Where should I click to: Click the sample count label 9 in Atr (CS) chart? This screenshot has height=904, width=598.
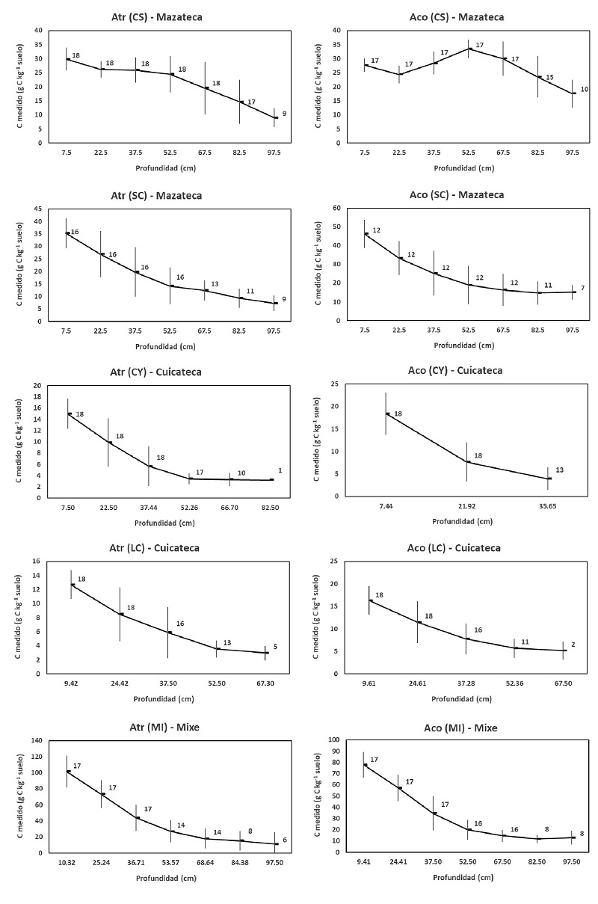point(284,114)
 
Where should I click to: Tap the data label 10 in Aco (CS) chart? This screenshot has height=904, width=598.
point(585,90)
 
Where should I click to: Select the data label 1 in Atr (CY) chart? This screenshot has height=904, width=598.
point(280,470)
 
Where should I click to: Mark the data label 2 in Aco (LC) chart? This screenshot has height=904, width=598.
point(582,643)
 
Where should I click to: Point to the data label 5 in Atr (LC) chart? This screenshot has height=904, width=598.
point(276,647)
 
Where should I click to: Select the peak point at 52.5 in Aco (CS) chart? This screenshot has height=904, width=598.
point(469,49)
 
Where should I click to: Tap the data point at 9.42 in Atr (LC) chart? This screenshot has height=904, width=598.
point(72,585)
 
